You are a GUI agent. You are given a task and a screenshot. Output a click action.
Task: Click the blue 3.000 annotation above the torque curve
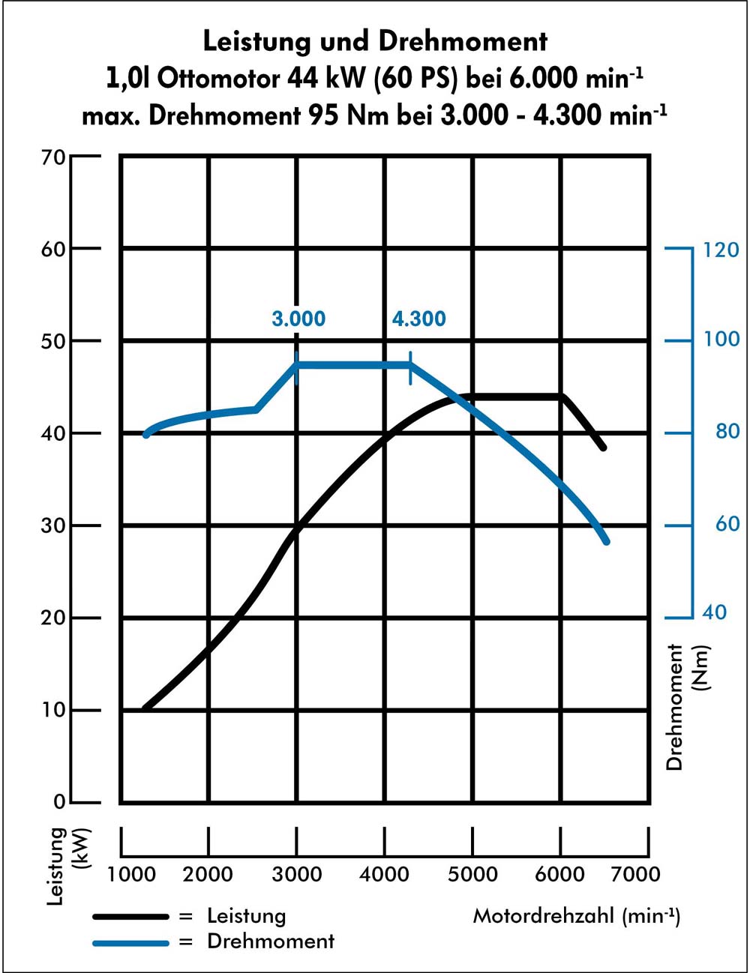click(x=298, y=319)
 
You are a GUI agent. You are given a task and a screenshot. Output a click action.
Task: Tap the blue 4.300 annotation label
click(x=418, y=319)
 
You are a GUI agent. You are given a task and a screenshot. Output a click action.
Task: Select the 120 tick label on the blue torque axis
click(x=721, y=250)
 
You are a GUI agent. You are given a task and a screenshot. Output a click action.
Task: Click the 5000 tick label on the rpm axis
click(x=472, y=874)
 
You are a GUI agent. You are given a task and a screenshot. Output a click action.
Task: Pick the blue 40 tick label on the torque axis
click(x=714, y=612)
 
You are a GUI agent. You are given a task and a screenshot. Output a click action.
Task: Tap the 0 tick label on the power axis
click(x=59, y=802)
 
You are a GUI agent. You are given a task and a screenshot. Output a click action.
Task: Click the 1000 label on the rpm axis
click(x=131, y=874)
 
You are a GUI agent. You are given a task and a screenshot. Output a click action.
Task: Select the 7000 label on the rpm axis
click(x=636, y=874)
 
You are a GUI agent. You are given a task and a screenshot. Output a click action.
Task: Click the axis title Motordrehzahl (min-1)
click(x=576, y=915)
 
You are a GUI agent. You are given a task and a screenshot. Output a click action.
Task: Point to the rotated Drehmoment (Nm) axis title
click(x=687, y=706)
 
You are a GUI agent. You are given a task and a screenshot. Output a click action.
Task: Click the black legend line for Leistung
click(x=130, y=916)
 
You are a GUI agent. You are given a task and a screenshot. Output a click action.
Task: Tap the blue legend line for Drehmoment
click(x=130, y=942)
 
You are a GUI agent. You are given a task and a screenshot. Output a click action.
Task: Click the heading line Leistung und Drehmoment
click(x=375, y=41)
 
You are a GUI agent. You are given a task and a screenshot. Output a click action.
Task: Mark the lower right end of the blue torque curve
click(x=605, y=540)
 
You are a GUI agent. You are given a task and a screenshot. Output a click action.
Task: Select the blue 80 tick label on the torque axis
click(x=727, y=432)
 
